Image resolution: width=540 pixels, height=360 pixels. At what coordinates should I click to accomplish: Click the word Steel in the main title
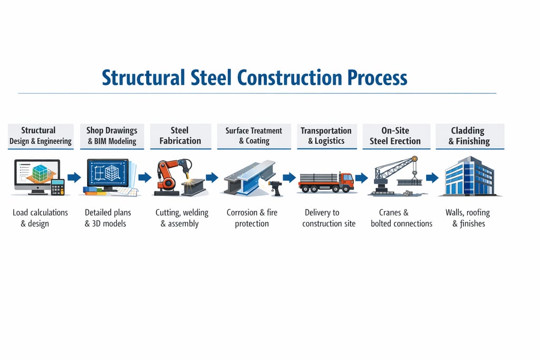point(209,77)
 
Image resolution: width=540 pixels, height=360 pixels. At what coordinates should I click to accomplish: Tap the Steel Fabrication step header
point(180,136)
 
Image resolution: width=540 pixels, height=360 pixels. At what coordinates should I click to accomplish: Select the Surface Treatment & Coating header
point(254,136)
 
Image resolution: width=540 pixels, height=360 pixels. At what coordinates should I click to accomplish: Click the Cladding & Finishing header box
point(469,136)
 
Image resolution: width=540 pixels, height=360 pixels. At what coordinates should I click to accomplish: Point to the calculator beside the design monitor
point(57,187)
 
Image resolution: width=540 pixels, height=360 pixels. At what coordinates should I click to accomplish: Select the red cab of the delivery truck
point(346,180)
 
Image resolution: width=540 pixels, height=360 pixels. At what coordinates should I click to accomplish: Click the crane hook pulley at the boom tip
point(414,159)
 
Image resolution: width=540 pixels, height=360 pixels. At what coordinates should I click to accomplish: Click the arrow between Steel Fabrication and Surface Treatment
point(212,178)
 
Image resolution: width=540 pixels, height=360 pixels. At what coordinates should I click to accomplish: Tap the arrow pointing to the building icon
point(432,178)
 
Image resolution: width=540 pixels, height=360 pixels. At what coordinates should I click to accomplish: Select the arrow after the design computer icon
point(74,178)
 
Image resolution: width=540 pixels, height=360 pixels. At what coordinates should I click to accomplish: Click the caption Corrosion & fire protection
point(252,218)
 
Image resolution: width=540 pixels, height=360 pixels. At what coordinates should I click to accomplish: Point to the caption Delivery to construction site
point(329,218)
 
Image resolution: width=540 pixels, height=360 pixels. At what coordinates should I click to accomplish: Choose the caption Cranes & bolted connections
point(401,218)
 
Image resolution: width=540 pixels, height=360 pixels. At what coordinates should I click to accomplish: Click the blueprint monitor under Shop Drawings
point(108,175)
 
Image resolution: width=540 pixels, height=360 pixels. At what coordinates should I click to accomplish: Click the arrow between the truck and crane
point(361,178)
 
